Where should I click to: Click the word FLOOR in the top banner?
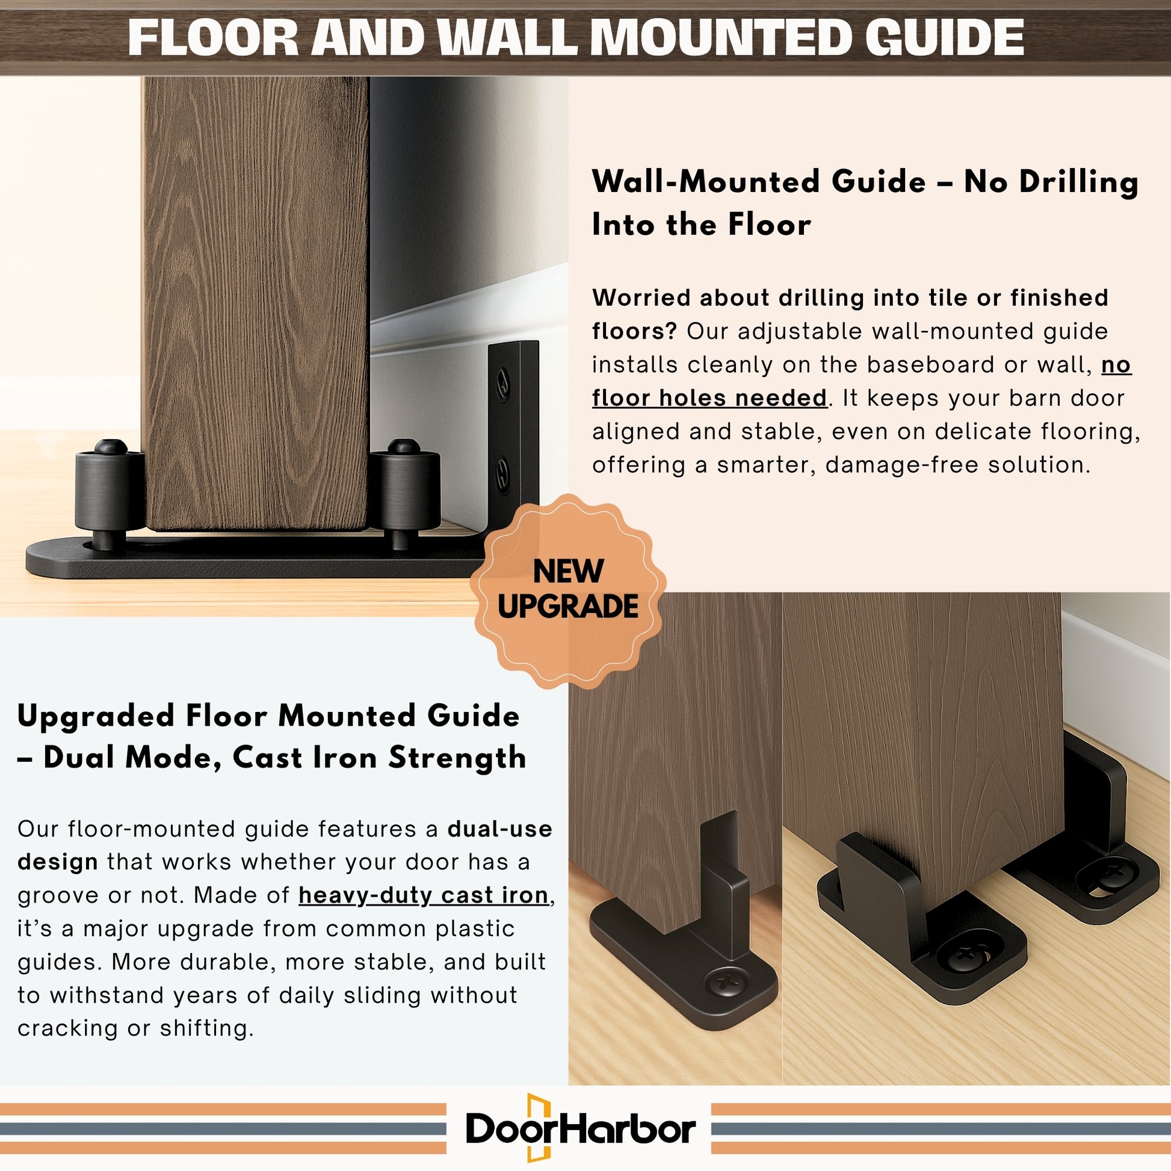point(213,37)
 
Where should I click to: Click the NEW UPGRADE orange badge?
point(568,590)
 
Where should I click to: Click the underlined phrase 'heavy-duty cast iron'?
point(424,895)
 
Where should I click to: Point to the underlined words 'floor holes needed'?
point(709,398)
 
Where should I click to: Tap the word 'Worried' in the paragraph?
point(642,298)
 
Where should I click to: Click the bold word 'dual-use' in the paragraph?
point(500,829)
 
